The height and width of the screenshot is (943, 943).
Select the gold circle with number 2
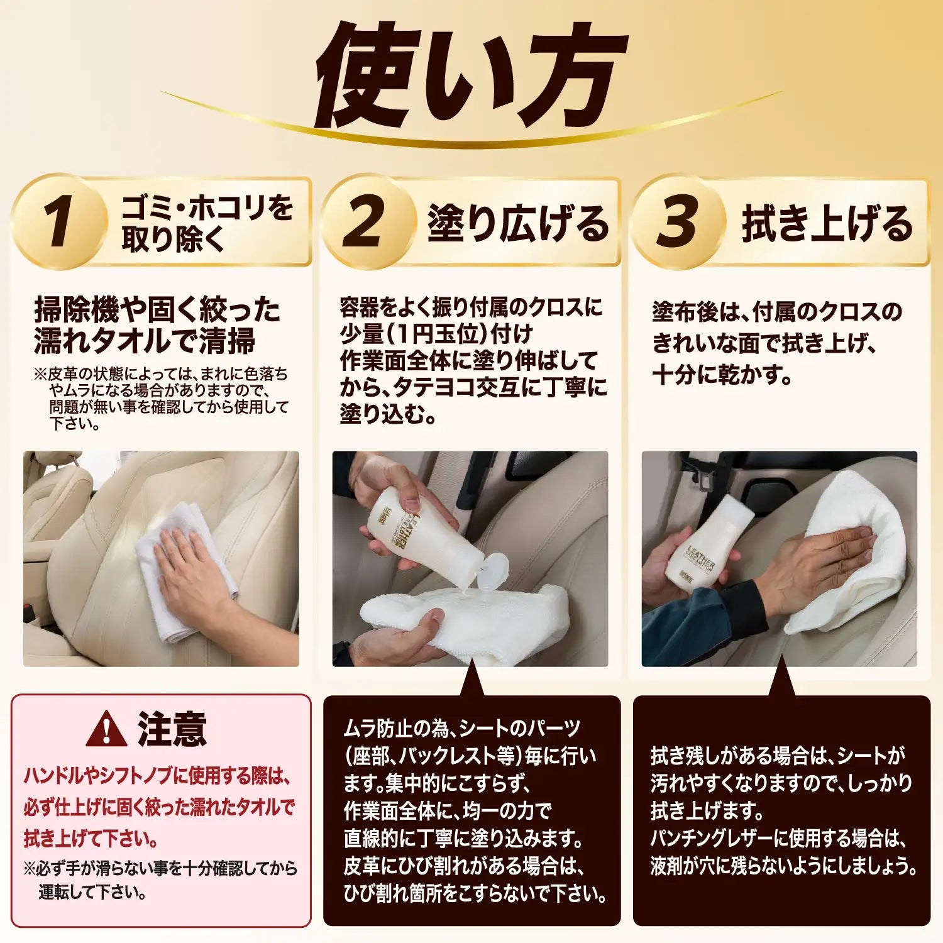[367, 222]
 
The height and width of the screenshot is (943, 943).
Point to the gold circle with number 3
[678, 222]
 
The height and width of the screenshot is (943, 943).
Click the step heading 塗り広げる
[518, 223]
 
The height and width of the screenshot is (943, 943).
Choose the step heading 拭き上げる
[827, 223]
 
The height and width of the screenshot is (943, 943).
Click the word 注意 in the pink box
[172, 729]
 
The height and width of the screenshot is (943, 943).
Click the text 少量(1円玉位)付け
[436, 334]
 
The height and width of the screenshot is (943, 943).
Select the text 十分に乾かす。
[723, 375]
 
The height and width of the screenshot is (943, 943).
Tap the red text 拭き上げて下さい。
[91, 838]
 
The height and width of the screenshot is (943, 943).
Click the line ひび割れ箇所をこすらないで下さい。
[475, 893]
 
